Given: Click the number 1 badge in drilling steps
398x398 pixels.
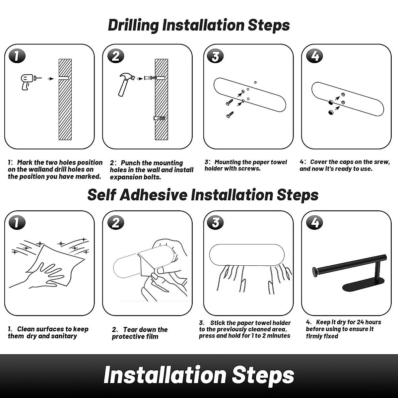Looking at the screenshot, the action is tap(17, 56).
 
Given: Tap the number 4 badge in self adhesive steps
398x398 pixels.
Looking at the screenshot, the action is tap(314, 223).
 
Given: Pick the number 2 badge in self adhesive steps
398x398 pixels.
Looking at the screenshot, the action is tap(116, 223).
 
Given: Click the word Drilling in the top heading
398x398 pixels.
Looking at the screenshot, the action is tap(133, 26).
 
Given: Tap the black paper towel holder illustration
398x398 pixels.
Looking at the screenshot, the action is tap(349, 273).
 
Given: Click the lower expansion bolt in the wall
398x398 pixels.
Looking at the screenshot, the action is tap(160, 118).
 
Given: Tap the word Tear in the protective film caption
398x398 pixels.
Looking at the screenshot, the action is tap(131, 329).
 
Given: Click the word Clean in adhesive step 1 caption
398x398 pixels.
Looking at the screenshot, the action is tap(26, 329).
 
